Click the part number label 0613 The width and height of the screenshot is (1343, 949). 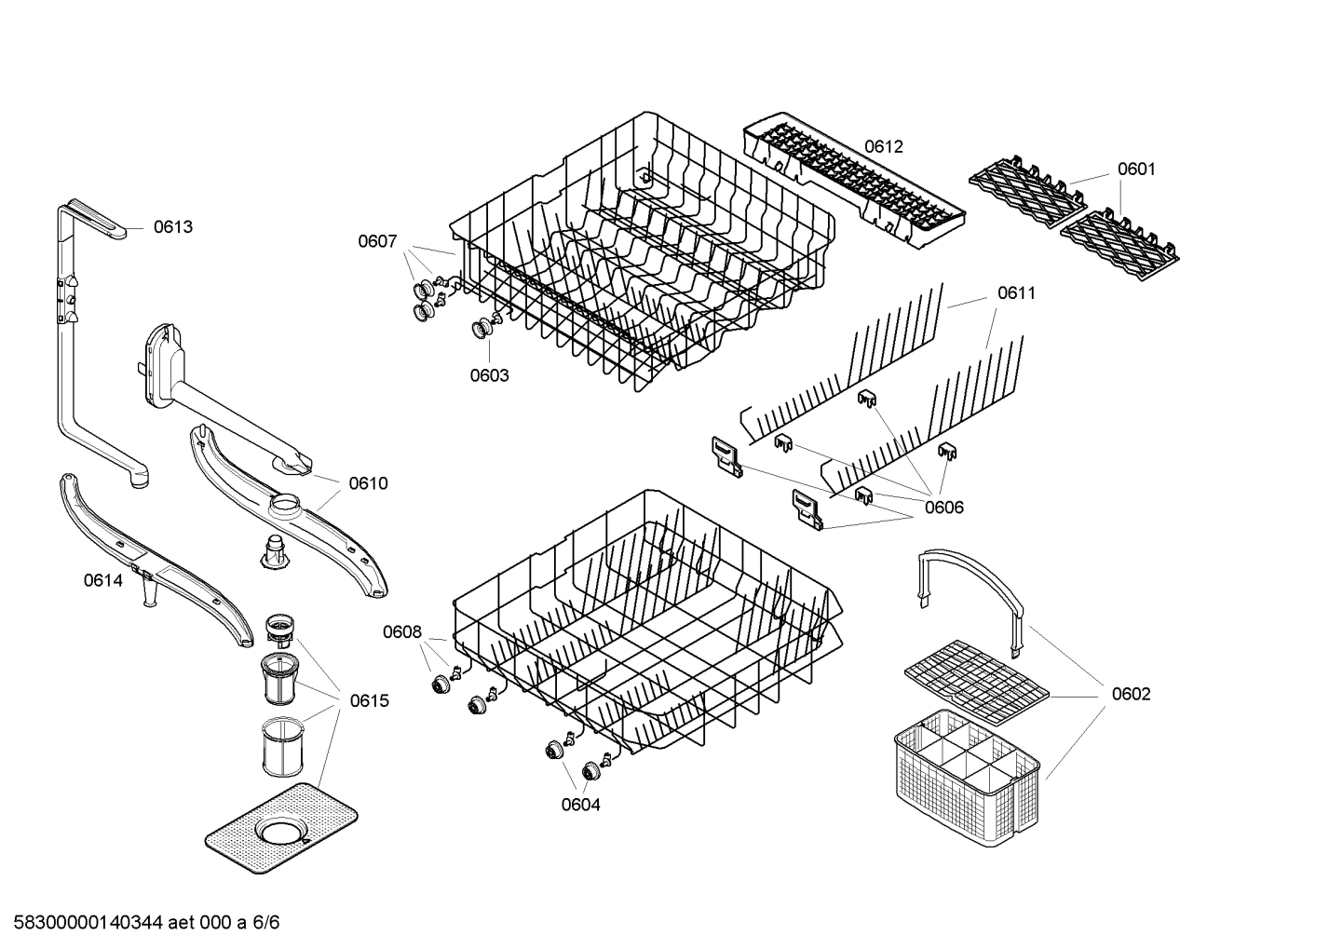click(x=173, y=226)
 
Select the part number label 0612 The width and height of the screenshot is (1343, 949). click(x=883, y=146)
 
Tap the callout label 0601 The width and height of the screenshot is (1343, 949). click(x=1136, y=169)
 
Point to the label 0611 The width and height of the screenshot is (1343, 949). click(x=1016, y=292)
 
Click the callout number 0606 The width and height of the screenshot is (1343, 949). click(x=943, y=508)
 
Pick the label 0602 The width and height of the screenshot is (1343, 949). click(x=1131, y=694)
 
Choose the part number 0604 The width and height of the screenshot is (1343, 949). click(x=580, y=805)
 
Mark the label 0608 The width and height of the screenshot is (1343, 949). click(x=402, y=632)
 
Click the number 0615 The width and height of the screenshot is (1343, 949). click(x=370, y=700)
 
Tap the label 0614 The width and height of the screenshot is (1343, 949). click(x=102, y=580)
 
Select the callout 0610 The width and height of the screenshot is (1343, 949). click(x=368, y=483)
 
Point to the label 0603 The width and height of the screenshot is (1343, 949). click(x=489, y=375)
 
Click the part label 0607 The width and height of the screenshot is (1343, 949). click(x=377, y=241)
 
